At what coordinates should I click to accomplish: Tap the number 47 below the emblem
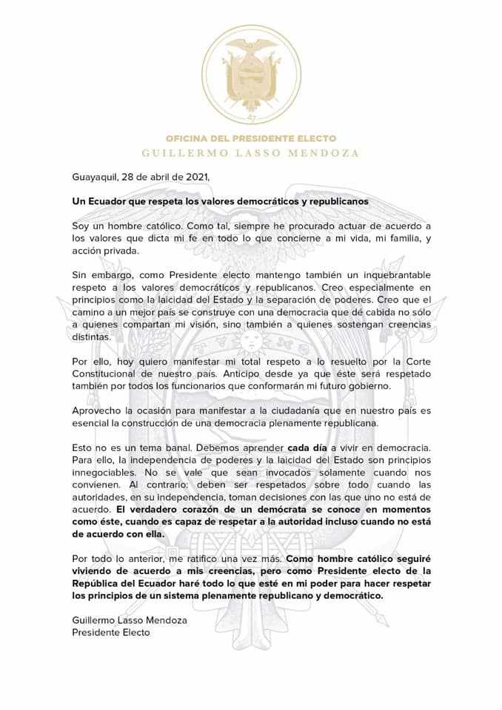251,119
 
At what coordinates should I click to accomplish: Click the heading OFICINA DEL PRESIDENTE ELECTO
251,138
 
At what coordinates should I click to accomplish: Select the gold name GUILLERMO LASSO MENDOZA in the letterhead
251,153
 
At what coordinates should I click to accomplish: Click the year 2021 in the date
195,177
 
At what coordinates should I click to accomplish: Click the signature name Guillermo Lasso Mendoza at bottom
130,620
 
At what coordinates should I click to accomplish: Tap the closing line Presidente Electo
111,632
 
